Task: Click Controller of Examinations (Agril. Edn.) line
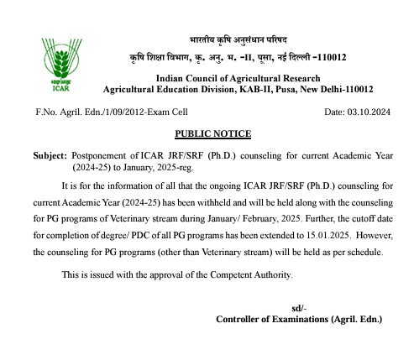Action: click(298, 320)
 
